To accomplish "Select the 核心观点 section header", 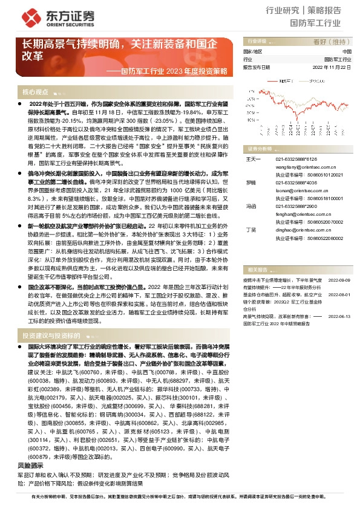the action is [35, 92].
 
